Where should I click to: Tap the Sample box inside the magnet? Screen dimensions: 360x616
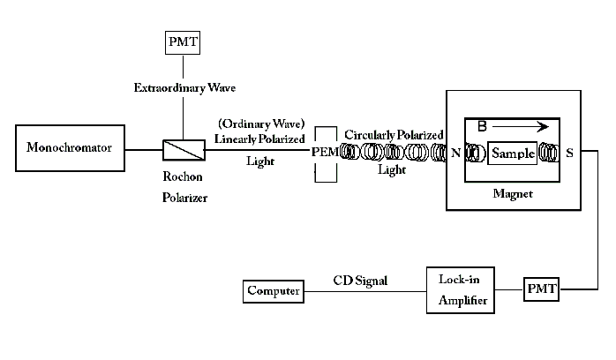pos(513,153)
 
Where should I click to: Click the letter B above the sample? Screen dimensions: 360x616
pos(482,126)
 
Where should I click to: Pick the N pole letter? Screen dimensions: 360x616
pos(456,154)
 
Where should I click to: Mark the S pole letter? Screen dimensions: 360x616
pos(569,153)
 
